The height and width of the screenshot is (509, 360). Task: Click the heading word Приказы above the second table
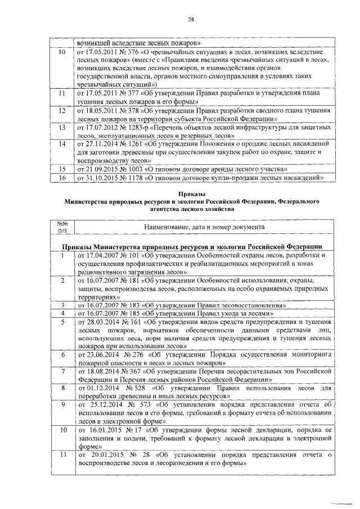coord(191,193)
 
